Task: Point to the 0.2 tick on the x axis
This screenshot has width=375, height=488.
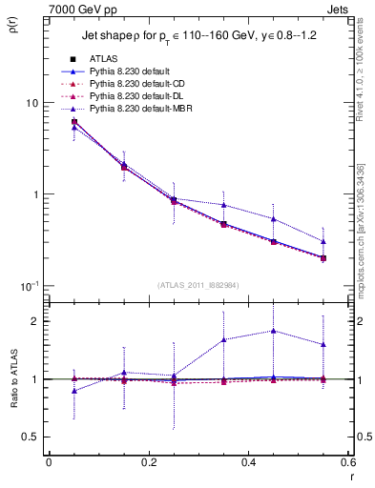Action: click(148, 463)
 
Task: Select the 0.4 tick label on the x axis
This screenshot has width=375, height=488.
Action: click(248, 463)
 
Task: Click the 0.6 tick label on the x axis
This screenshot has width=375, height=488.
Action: click(346, 463)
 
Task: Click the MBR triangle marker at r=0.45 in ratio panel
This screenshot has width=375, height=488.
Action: click(274, 331)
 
